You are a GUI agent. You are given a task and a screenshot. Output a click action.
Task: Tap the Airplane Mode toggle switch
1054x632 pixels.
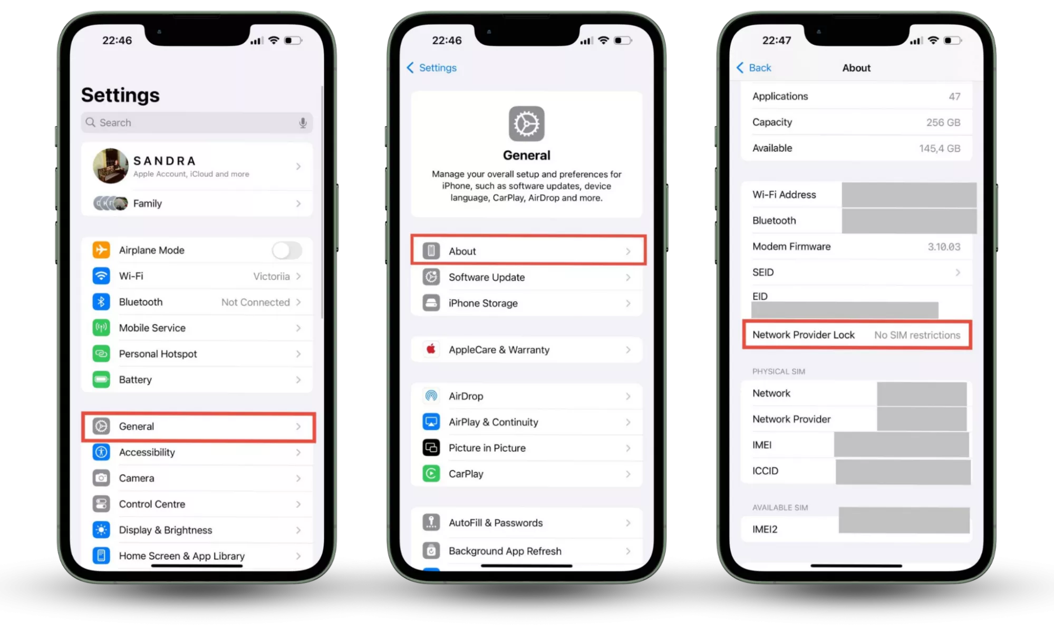pos(287,250)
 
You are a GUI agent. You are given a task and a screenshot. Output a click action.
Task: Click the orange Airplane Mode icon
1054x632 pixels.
pos(101,250)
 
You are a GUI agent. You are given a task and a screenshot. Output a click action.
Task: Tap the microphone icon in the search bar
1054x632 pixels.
pos(303,123)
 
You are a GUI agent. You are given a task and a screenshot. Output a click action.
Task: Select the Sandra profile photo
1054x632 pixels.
pos(111,166)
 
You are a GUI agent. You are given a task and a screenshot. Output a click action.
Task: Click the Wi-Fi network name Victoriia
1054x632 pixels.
pos(272,276)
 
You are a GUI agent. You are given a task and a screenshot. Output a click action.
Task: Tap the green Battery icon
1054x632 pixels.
pos(101,379)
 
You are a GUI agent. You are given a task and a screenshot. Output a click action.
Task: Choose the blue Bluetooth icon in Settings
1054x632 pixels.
pos(101,302)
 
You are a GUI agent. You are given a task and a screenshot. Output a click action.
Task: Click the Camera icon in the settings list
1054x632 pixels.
pos(101,478)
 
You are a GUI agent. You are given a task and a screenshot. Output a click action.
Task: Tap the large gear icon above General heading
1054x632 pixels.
pos(526,124)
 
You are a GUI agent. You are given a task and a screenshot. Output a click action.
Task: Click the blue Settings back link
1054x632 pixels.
pos(432,67)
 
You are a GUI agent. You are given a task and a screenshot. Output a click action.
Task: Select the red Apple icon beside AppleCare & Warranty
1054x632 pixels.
pos(431,349)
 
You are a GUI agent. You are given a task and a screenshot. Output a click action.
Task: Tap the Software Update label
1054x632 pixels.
pos(487,277)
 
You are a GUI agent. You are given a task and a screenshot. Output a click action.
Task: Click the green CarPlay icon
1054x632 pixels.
pos(431,473)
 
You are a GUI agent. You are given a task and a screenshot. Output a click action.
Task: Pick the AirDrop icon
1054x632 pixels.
pos(431,396)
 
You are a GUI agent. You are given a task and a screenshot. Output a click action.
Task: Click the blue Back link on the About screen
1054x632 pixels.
pos(753,67)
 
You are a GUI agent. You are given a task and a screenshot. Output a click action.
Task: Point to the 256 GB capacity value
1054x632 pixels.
pos(943,122)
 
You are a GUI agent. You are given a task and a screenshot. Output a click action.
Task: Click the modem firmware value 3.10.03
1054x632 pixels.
pos(944,246)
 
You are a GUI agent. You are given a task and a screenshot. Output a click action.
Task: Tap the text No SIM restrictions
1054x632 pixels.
pos(917,335)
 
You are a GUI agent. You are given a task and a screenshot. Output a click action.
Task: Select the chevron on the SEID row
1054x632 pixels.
pos(958,272)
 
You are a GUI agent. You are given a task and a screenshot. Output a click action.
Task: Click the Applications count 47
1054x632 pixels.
pos(954,96)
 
